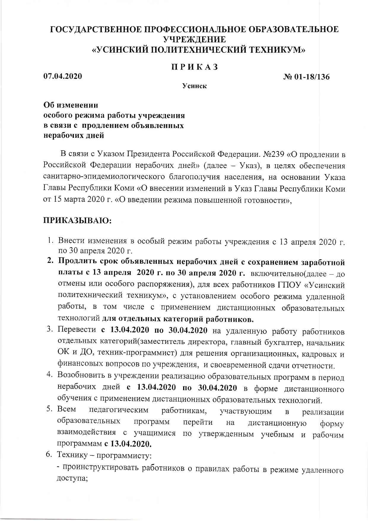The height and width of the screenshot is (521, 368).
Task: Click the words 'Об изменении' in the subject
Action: tap(71, 105)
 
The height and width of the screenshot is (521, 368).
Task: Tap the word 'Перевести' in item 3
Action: tap(77, 330)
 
